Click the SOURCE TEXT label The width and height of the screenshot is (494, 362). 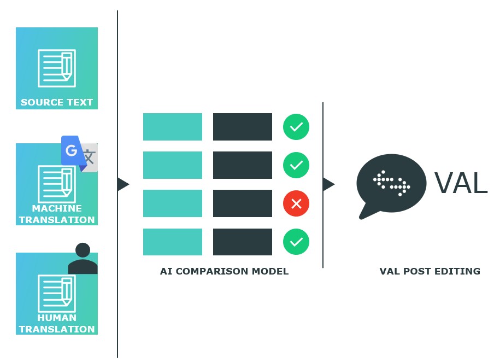coord(57,102)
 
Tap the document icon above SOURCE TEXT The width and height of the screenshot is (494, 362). coord(57,68)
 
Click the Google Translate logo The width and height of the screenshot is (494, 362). coord(79,154)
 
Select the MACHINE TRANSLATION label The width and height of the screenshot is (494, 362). coord(57,214)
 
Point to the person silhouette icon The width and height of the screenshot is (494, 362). coord(83,259)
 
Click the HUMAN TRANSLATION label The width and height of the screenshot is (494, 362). coord(57,323)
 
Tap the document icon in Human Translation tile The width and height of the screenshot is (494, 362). coord(57,294)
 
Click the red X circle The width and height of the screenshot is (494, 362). coord(296,203)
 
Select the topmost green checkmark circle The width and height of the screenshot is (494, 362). coord(296,127)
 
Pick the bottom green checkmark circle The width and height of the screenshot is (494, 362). coord(296,242)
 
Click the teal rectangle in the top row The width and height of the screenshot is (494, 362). coord(173,127)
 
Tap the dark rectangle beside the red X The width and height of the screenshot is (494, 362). coord(243,203)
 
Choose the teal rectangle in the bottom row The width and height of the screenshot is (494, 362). coord(173,242)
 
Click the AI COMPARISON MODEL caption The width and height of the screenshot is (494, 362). coord(224,271)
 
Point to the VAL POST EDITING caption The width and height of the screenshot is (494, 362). coord(430,271)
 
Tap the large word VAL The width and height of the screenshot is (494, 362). coord(461,183)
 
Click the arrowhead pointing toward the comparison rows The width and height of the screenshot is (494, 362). coord(123,184)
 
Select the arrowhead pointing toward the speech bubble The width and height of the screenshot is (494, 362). coord(328,184)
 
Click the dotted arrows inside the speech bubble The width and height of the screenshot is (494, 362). coord(392,183)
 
